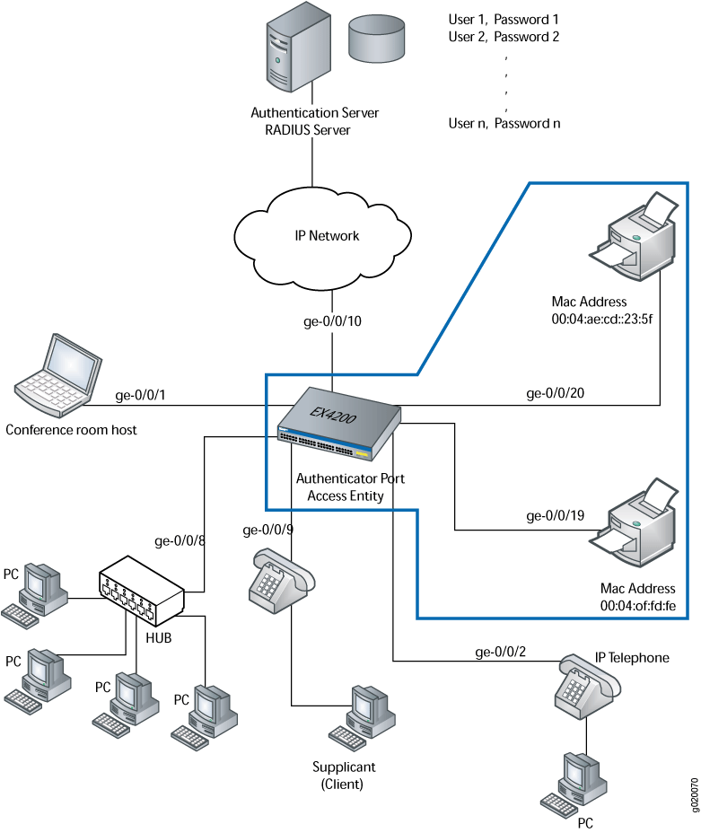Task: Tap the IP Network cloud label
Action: point(327,236)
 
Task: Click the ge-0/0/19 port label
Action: point(555,516)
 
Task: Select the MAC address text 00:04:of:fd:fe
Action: point(638,607)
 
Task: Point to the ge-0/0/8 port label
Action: point(180,540)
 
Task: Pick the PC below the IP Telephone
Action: point(574,781)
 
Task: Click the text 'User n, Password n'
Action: point(504,123)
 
